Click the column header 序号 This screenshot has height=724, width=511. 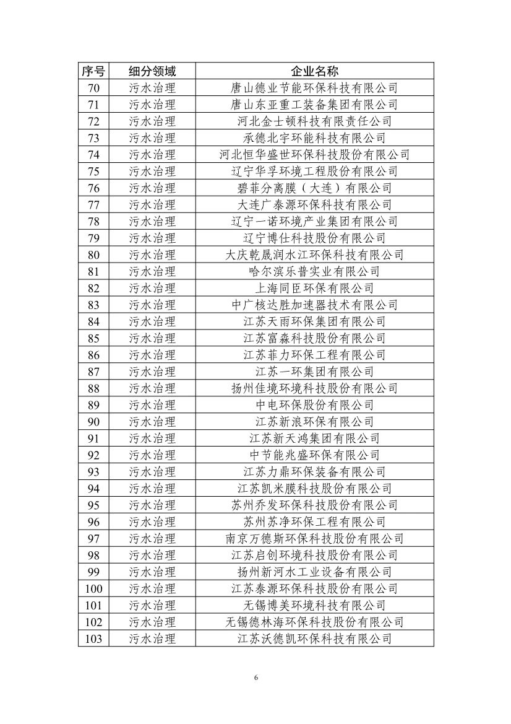[93, 71]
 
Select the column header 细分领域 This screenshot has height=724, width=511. [152, 71]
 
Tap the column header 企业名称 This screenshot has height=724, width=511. [314, 71]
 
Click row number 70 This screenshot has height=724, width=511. [93, 87]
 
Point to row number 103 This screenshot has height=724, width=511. [93, 639]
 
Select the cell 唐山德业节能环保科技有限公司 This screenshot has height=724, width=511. [314, 87]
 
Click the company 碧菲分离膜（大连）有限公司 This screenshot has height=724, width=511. [314, 188]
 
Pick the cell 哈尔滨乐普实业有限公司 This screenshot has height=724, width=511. [314, 271]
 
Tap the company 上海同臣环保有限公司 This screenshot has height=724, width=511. [314, 288]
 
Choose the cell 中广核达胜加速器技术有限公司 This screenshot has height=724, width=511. [314, 305]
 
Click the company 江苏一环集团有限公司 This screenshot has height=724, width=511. [314, 372]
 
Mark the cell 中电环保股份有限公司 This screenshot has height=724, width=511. [314, 405]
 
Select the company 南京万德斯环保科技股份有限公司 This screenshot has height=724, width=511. [314, 538]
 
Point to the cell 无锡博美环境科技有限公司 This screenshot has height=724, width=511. [314, 605]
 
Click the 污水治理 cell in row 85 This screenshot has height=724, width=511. [152, 338]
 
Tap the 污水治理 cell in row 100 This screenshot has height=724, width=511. [152, 588]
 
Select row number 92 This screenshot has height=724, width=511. [93, 455]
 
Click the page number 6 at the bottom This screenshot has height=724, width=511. [255, 678]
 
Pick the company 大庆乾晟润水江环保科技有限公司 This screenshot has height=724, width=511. [314, 255]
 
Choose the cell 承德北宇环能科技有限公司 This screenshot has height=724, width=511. [314, 137]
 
